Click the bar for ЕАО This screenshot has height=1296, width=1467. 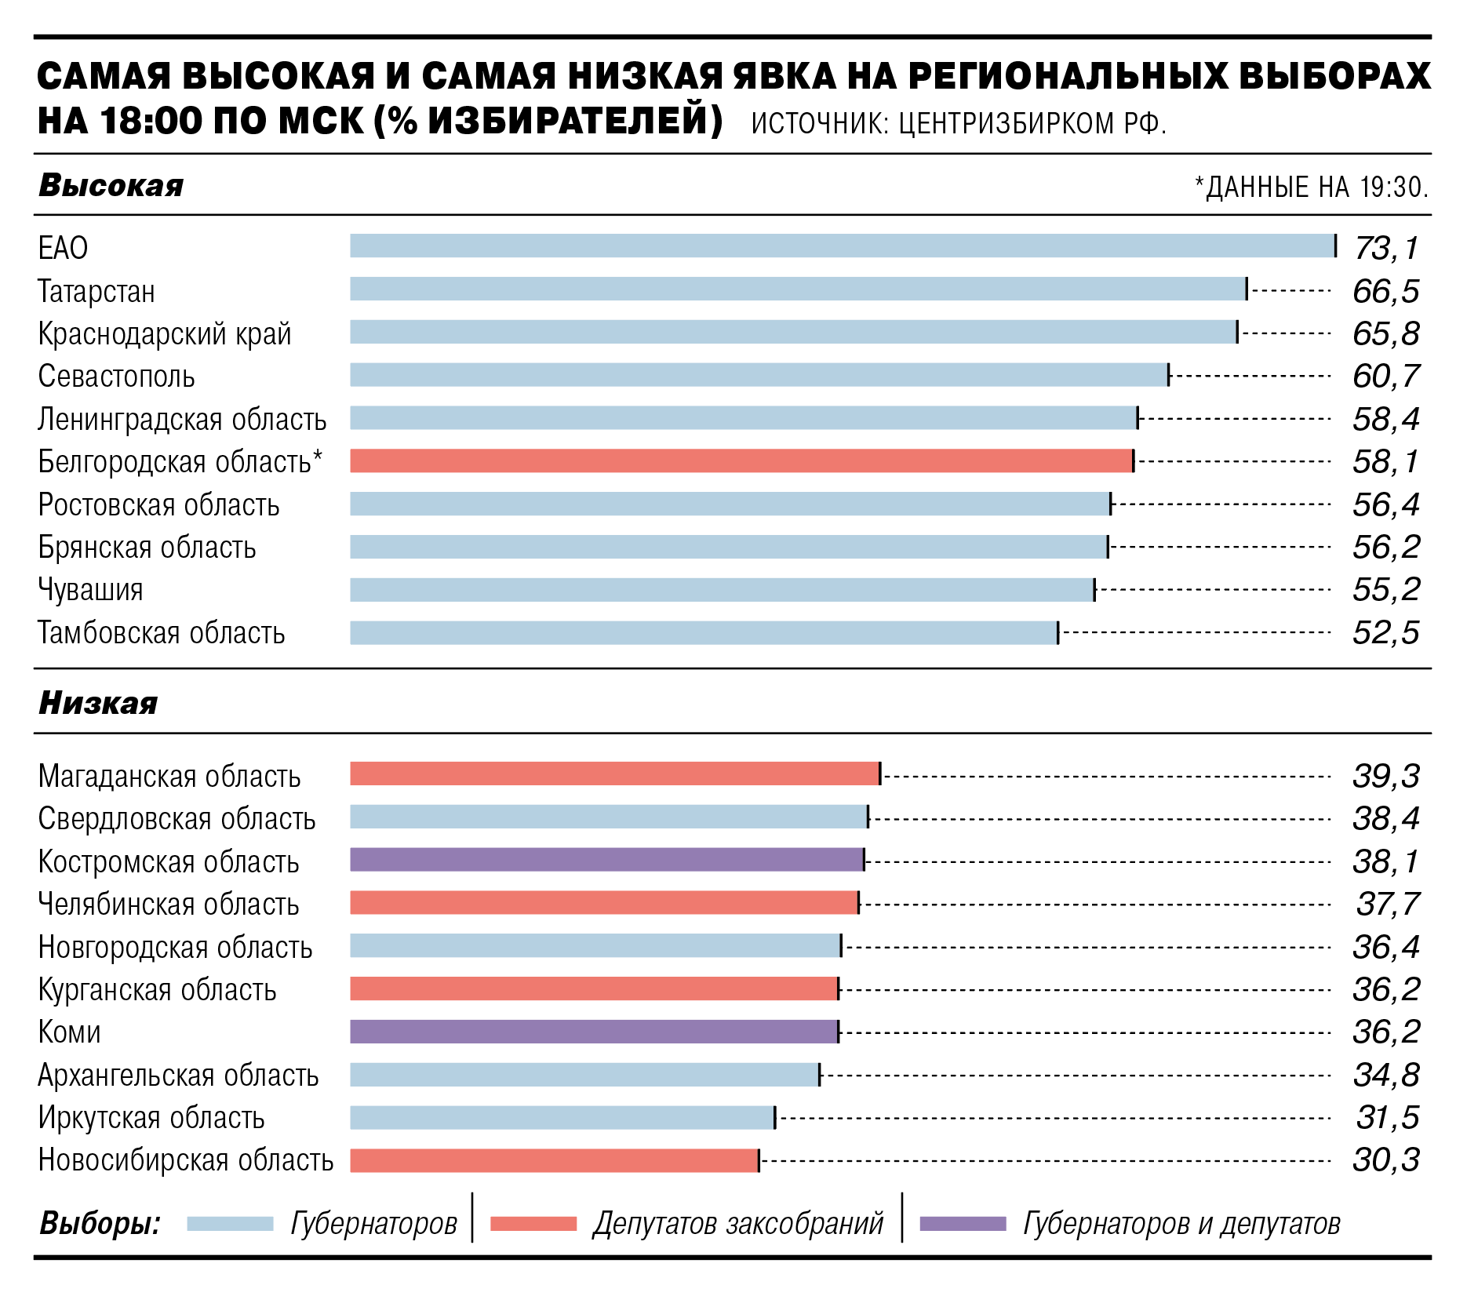click(843, 246)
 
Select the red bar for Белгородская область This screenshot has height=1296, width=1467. click(741, 461)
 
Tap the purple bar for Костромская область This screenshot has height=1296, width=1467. click(607, 860)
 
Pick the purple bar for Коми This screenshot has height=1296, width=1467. click(594, 1031)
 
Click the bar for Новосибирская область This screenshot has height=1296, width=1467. click(555, 1160)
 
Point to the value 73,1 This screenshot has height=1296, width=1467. click(1387, 248)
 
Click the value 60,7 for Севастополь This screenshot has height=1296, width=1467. click(1386, 377)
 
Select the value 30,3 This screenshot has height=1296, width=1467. click(1386, 1159)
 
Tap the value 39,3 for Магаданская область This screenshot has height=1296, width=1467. click(1386, 776)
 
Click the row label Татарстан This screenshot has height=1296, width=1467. click(96, 291)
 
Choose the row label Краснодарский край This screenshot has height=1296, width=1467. click(165, 334)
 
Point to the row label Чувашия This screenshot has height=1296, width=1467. click(90, 590)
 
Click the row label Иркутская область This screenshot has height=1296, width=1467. click(151, 1117)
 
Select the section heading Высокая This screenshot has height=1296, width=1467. click(111, 186)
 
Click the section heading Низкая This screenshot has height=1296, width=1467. click(98, 703)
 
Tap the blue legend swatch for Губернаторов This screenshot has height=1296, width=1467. click(230, 1224)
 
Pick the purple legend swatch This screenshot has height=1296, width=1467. click(963, 1224)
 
